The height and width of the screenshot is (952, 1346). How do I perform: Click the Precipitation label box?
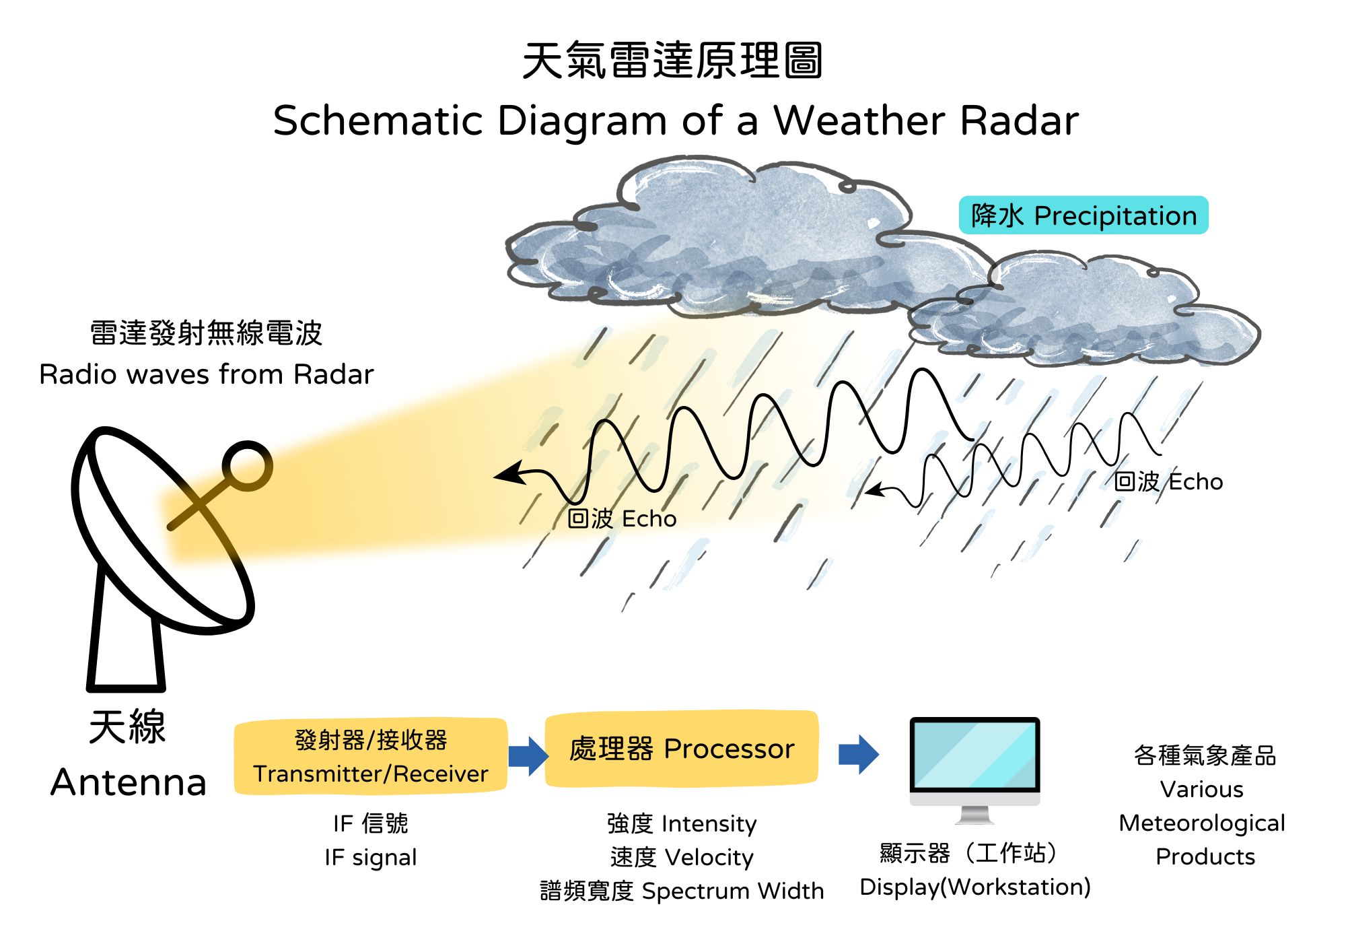click(1084, 215)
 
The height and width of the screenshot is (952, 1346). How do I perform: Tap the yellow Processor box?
click(682, 749)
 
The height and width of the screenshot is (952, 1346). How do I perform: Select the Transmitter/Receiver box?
click(371, 756)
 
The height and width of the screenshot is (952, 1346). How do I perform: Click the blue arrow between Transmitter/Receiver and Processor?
click(528, 755)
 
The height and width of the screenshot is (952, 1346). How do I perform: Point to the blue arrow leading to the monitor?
click(859, 755)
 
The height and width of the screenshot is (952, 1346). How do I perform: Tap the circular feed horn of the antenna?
click(247, 465)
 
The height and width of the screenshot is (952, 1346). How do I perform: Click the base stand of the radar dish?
click(126, 630)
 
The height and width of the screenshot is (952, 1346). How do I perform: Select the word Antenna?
click(129, 782)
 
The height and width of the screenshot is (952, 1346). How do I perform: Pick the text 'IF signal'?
click(371, 858)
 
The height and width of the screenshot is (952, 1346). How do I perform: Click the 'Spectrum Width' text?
click(733, 891)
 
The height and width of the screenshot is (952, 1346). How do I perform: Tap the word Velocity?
click(709, 858)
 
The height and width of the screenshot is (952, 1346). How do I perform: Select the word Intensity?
click(709, 824)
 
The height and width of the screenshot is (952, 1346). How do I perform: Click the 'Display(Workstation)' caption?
click(975, 887)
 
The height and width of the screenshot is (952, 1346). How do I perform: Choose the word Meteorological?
click(1202, 823)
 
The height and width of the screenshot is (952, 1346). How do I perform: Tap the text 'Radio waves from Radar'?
click(207, 374)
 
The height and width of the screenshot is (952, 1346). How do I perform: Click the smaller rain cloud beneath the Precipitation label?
click(1084, 310)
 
